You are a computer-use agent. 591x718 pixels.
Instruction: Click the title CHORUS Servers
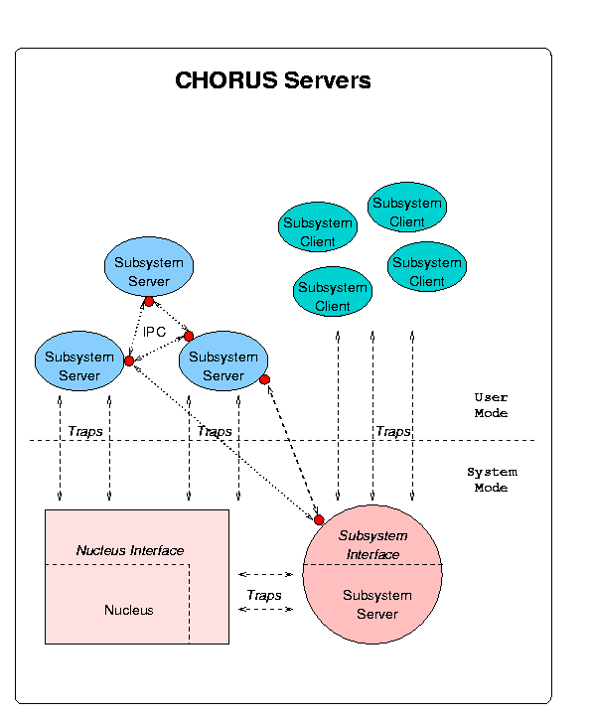(272, 80)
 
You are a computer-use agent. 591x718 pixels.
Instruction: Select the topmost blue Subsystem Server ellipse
(149, 266)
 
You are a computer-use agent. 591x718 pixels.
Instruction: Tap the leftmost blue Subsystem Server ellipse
(79, 360)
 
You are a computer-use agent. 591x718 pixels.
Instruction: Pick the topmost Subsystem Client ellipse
(407, 207)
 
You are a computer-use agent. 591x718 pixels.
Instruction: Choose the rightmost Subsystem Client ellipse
(427, 266)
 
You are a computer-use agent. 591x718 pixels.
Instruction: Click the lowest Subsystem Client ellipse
(333, 291)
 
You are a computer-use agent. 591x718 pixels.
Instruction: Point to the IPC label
(154, 332)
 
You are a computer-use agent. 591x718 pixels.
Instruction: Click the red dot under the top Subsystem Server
(149, 301)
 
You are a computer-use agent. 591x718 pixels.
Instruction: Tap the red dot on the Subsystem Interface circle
(319, 519)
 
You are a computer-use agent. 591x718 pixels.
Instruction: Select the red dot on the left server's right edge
(129, 360)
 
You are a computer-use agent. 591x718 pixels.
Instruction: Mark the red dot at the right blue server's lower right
(264, 379)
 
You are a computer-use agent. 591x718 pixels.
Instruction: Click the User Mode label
(491, 405)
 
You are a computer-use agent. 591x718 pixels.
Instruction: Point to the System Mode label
(492, 480)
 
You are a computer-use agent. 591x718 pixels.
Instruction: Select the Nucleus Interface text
(130, 550)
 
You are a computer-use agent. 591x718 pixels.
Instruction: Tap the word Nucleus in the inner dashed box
(129, 610)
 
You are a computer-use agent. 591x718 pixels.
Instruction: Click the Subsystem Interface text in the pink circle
(372, 545)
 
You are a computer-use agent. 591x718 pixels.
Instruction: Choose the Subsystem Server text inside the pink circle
(377, 605)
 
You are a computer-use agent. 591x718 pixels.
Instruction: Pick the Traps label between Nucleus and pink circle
(264, 595)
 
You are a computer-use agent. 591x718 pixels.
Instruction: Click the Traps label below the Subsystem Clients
(393, 431)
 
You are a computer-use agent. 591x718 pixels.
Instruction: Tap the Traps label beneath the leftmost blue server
(85, 431)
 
